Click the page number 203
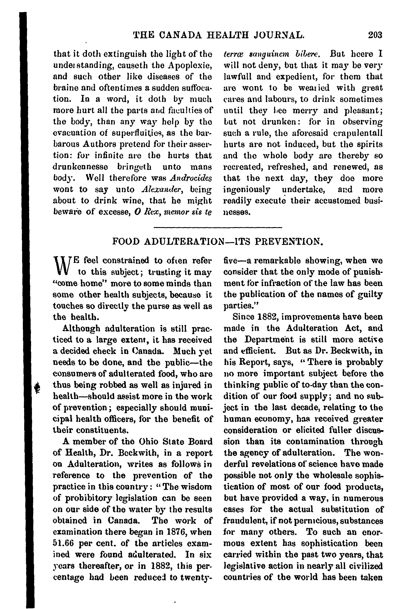pyautogui.click(x=375, y=35)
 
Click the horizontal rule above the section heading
pyautogui.click(x=217, y=227)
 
